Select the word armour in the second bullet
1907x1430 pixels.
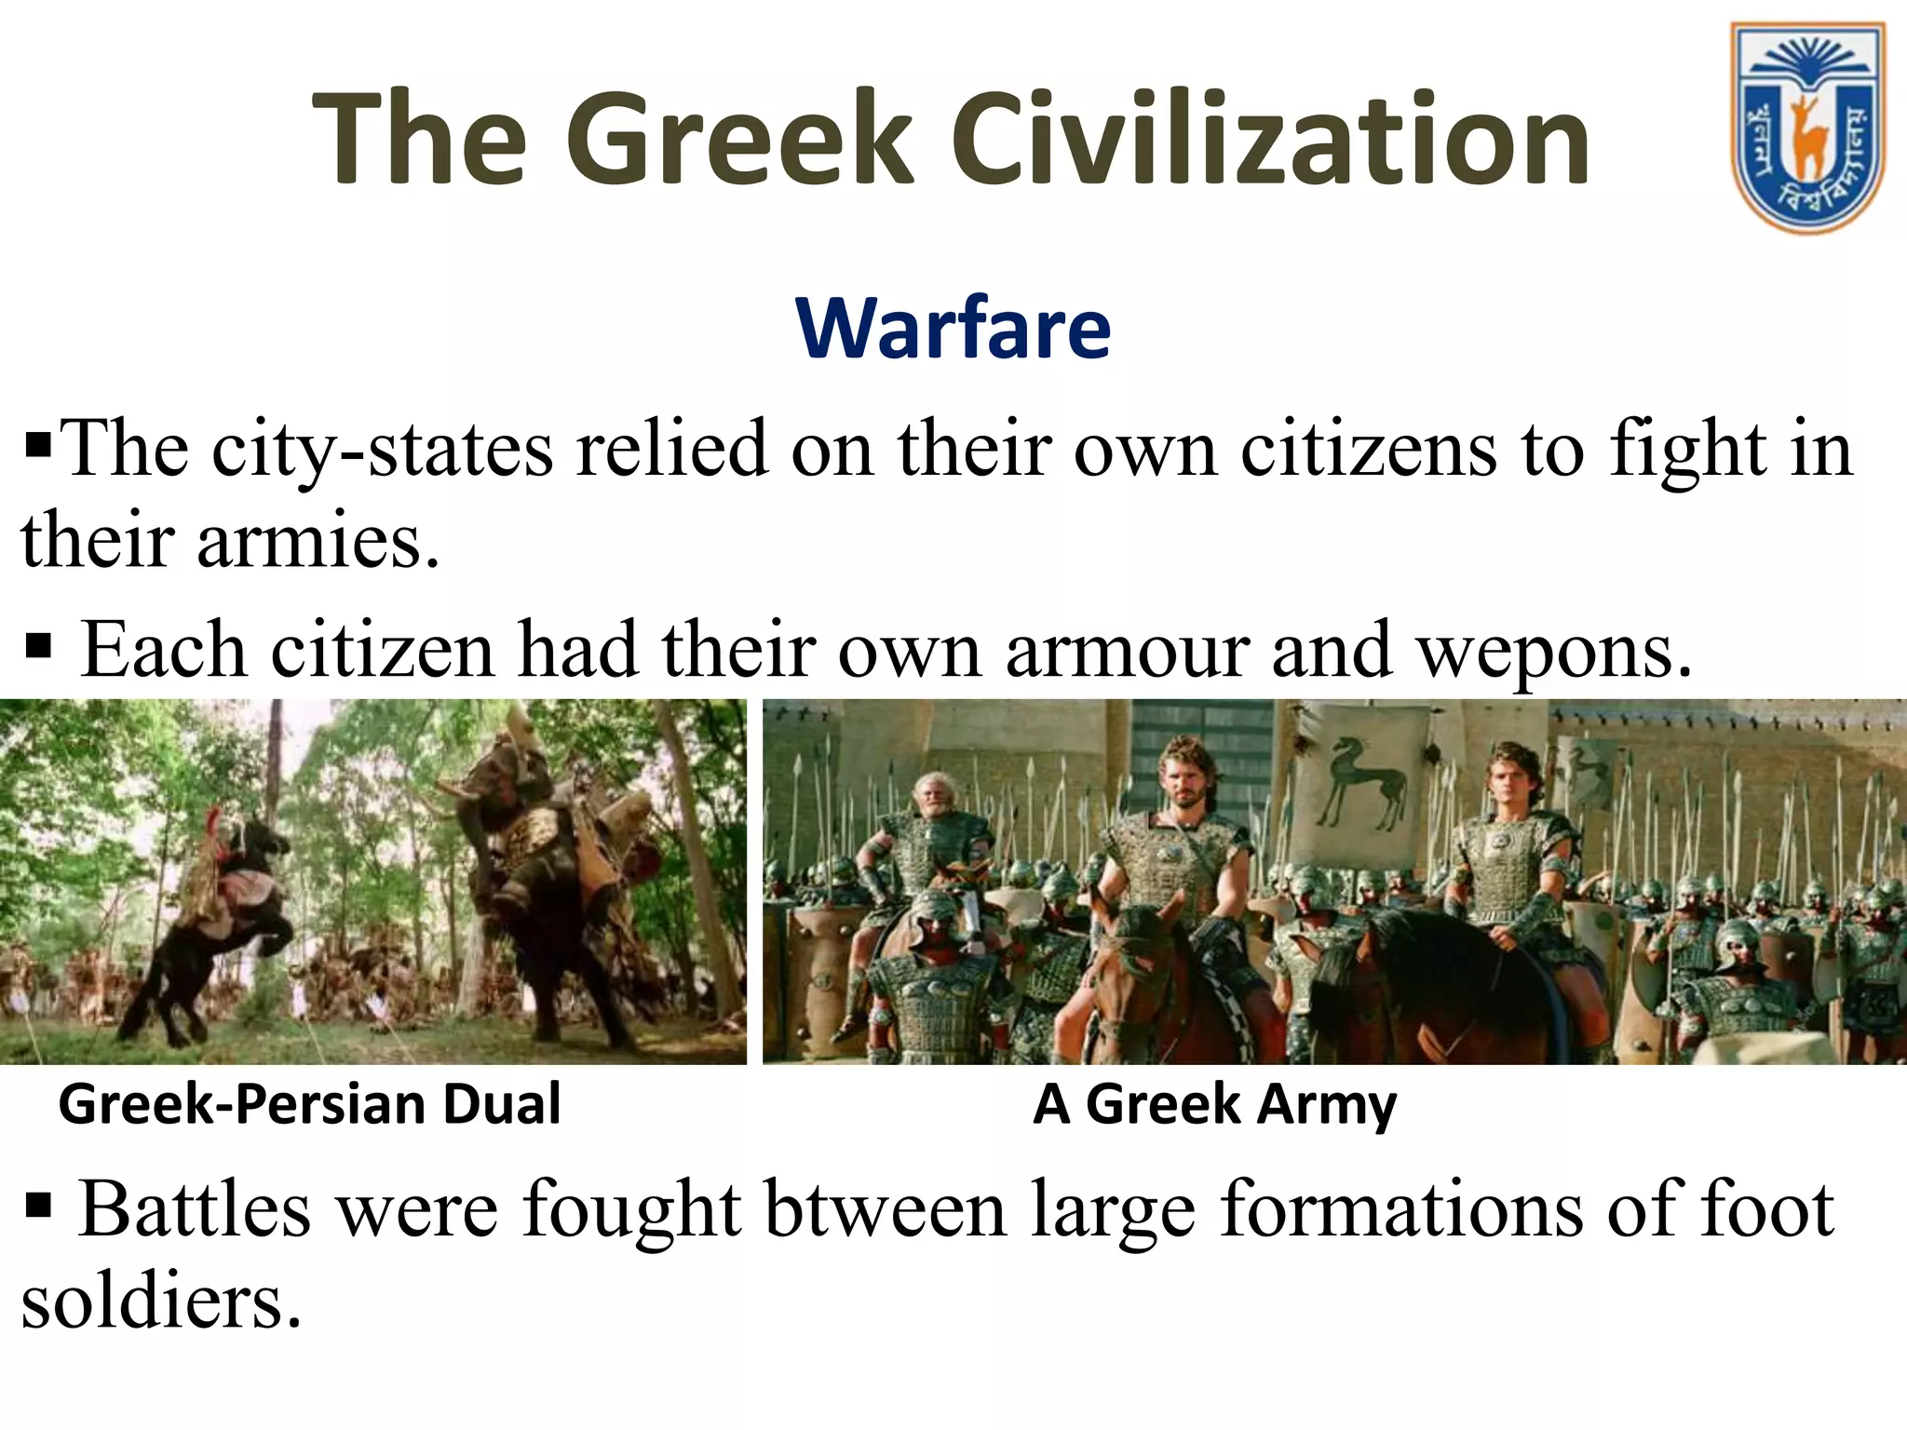tap(1128, 650)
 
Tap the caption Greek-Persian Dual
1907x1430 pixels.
tap(309, 1104)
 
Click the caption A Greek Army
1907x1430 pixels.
tap(1214, 1104)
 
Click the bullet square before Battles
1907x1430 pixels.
tap(38, 1207)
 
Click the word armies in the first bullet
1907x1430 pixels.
tap(317, 542)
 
